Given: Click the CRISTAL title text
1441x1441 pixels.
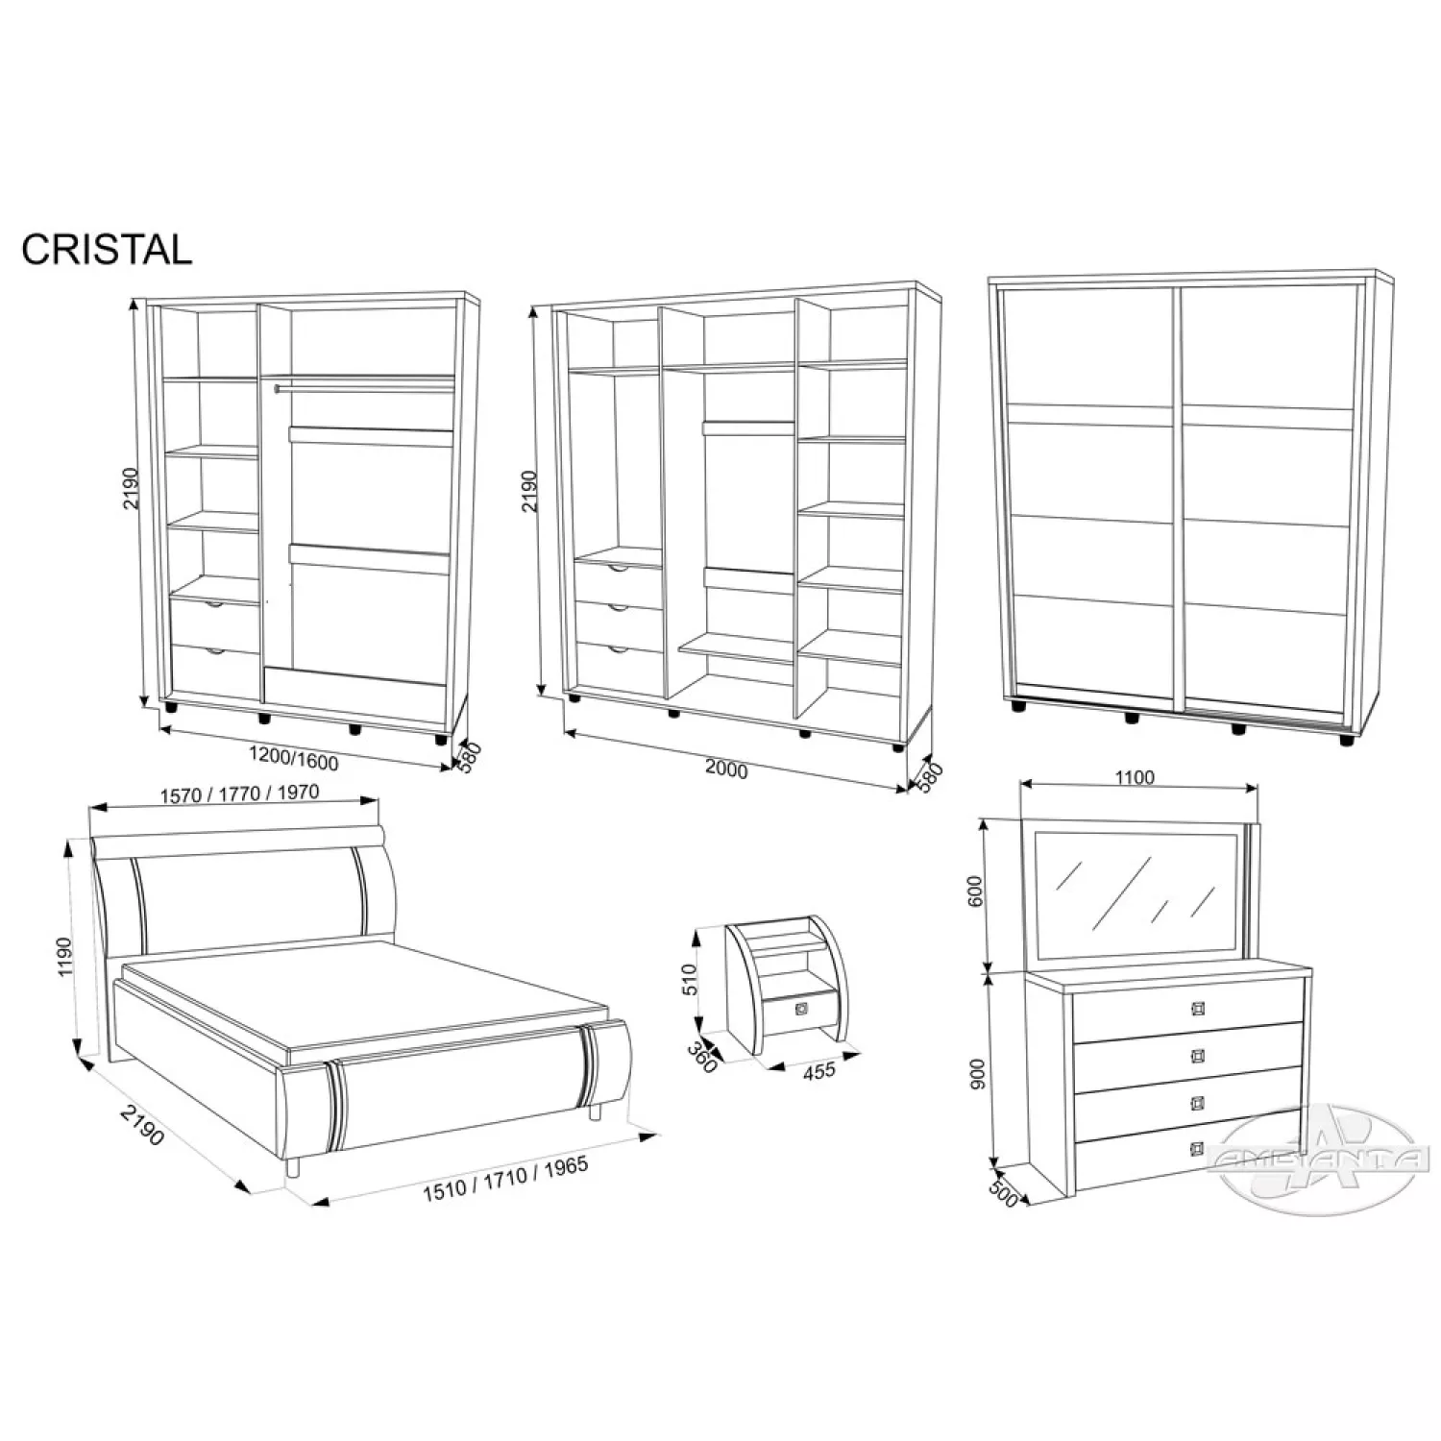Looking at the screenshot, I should (x=107, y=250).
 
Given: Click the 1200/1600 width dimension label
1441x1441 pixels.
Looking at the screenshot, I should (x=293, y=759).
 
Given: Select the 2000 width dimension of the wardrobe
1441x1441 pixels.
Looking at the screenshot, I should (x=726, y=769).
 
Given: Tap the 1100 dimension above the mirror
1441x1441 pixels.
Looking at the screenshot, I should (x=1136, y=778).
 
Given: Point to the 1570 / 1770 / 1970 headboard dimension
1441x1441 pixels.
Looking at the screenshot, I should (x=239, y=794).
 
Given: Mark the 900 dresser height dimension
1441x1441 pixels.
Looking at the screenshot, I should (x=978, y=1075).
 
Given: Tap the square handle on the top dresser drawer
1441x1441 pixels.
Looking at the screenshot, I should (x=1197, y=1008).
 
